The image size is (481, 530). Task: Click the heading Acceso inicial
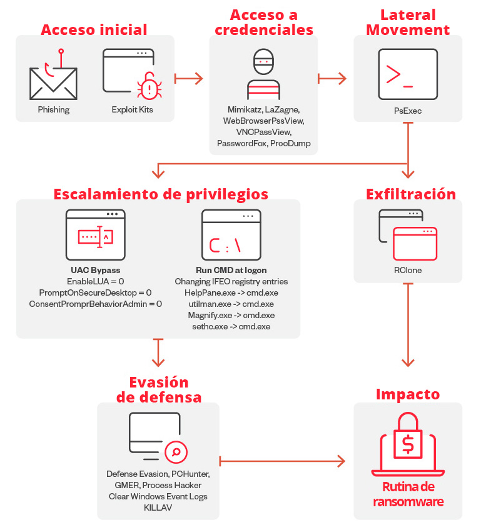[x=94, y=30]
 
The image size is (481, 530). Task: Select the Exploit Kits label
[x=132, y=110]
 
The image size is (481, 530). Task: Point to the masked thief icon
[x=263, y=72]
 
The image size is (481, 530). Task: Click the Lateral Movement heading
[x=408, y=22]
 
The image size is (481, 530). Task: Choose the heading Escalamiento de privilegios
[x=161, y=194]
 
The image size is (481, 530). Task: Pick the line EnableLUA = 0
[x=96, y=281]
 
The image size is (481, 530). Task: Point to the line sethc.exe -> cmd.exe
[x=231, y=326]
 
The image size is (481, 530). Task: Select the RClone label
[x=408, y=271]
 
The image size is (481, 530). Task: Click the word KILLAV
[x=158, y=507]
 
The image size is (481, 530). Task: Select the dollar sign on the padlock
[x=408, y=444]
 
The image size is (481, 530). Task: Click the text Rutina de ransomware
[x=408, y=494]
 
